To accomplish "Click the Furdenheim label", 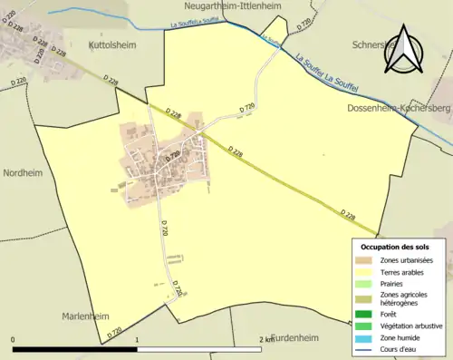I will click(x=295, y=337).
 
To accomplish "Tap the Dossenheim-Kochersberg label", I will click(x=399, y=108).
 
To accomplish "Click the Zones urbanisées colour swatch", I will click(x=367, y=260).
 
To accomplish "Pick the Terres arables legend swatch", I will click(x=367, y=271).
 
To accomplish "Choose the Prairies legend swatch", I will click(x=367, y=282).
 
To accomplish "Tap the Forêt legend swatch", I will click(x=367, y=316).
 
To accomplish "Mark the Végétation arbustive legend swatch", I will click(x=367, y=326).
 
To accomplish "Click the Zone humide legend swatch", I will click(x=367, y=337).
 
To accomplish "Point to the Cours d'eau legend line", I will click(x=367, y=348).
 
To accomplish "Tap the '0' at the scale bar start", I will click(x=14, y=340).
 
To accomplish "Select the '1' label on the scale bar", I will click(x=137, y=340).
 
